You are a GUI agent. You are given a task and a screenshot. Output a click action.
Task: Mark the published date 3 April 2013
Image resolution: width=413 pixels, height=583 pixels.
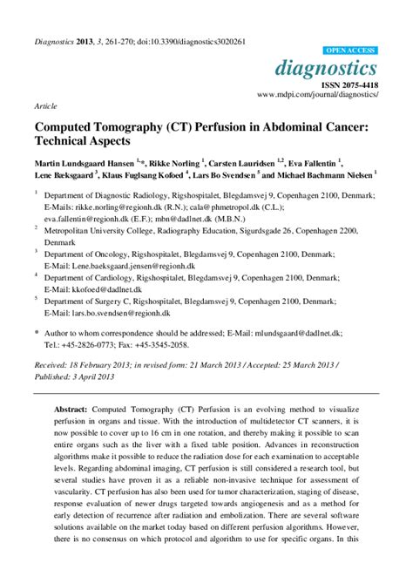[86, 376]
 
